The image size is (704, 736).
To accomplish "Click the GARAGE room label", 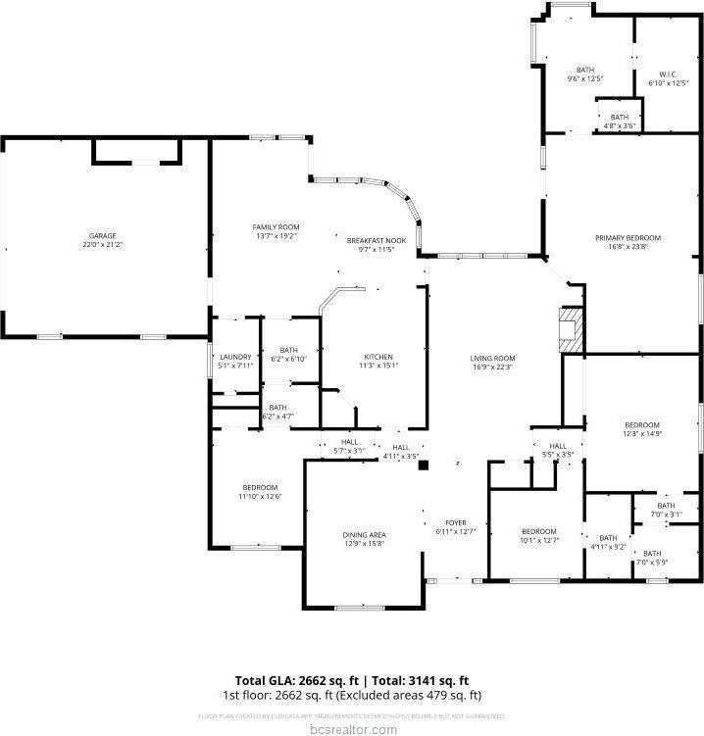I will coord(103,235).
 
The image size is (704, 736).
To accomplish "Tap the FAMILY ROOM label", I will coord(276,226).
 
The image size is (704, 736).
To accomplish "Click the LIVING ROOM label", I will coord(492,358).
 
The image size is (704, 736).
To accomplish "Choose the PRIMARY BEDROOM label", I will coord(628,237).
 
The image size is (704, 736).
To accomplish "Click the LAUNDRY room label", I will coord(235,356).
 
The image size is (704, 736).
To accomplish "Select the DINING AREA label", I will coord(364,534).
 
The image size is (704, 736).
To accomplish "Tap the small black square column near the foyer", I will coord(423,466).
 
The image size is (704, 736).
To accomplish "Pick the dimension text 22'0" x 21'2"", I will coord(103,245).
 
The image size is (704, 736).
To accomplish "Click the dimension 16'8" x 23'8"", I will coord(628,247).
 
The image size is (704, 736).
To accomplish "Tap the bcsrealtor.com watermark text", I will coord(352,728).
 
